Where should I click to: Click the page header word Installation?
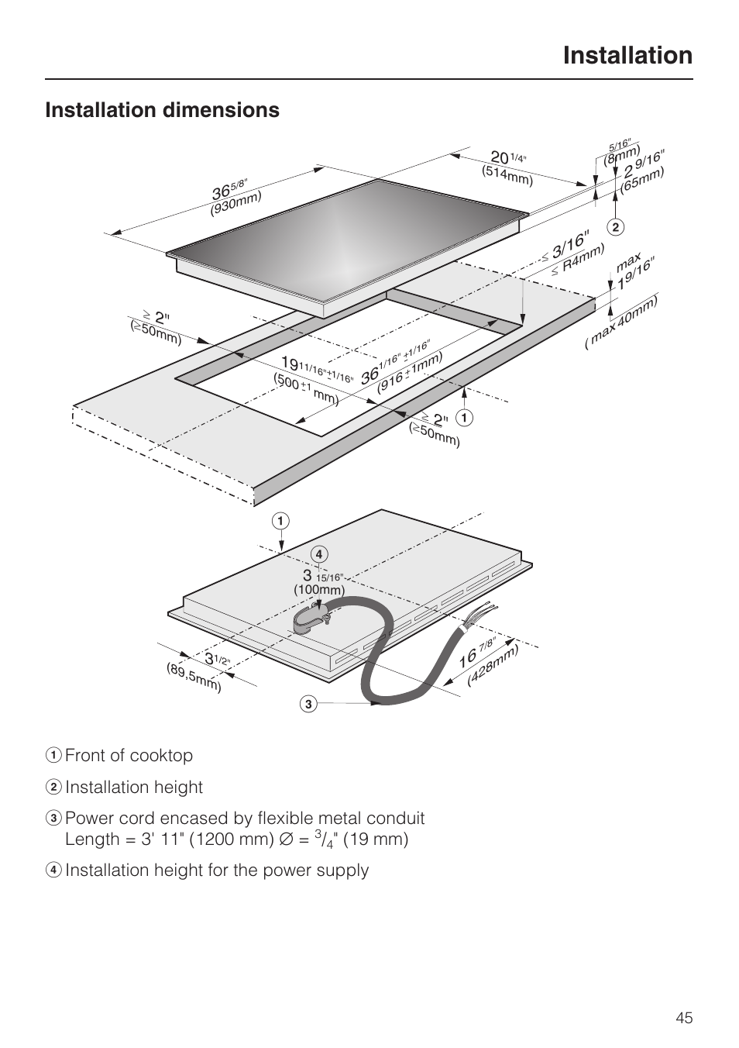[627, 55]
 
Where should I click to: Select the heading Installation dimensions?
[162, 110]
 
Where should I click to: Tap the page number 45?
[683, 1018]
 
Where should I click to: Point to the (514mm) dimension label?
[507, 176]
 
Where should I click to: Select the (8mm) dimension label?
[622, 155]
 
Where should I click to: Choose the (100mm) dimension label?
[318, 590]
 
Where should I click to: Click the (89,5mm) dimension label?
[194, 677]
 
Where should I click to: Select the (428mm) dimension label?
[493, 665]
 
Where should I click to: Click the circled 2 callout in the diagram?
[616, 227]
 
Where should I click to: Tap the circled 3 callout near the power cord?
[308, 704]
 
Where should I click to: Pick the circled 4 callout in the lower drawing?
[318, 553]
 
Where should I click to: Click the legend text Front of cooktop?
[129, 755]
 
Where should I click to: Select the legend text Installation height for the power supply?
[216, 870]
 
